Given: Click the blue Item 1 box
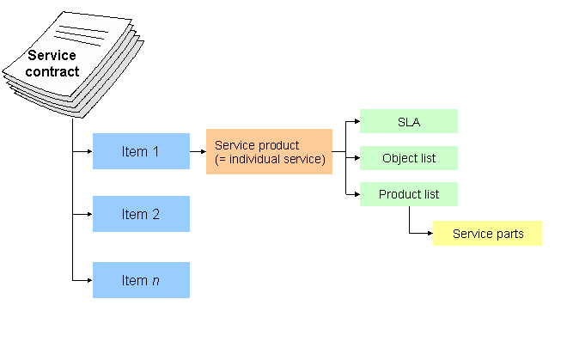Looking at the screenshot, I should [141, 151].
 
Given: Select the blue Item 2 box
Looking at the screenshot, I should [141, 214].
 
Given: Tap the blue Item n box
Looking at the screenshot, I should [141, 280].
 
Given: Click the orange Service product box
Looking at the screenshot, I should [269, 152].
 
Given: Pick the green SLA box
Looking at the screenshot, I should [408, 121].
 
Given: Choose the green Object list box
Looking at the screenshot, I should [408, 158].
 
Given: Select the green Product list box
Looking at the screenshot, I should [408, 194].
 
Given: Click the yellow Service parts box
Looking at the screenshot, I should [487, 234].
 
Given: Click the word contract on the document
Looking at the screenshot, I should [52, 71].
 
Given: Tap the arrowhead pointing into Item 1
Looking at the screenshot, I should [88, 152].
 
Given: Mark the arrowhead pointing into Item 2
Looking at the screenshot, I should [88, 215].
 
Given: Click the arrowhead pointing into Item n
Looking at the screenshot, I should [88, 280].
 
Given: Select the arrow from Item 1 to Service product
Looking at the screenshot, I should [198, 152].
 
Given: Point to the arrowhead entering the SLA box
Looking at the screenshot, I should [356, 122].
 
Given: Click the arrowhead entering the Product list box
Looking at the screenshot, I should [356, 194].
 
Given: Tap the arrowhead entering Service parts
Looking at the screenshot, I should [429, 234].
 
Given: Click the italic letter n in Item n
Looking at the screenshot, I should [157, 280].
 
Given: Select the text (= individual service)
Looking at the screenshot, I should [270, 159].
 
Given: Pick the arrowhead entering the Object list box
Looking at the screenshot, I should [356, 158].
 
